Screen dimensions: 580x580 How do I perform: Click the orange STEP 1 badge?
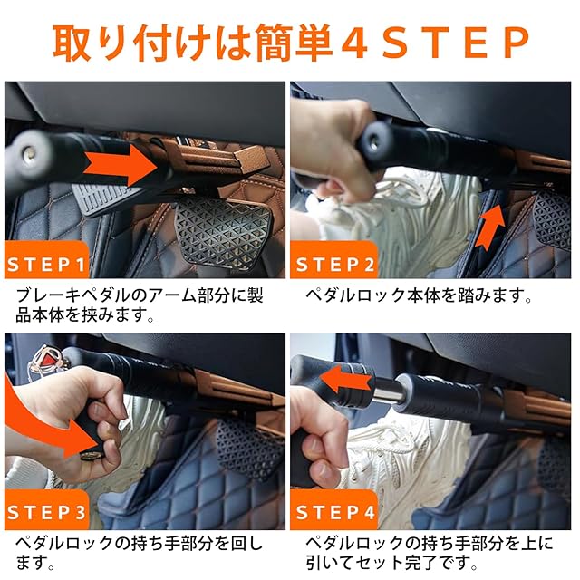point(46,260)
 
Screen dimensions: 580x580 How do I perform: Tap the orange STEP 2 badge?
point(333,260)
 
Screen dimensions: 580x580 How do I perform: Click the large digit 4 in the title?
point(354,43)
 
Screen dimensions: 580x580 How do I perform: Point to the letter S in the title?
point(395,43)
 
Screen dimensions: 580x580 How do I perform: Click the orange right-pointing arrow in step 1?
point(121,165)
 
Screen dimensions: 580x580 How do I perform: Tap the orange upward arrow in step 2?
point(489,227)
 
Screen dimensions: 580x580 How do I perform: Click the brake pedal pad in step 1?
point(222,232)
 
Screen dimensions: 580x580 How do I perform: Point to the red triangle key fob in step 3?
point(47,358)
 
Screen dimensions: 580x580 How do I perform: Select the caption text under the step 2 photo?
point(419,295)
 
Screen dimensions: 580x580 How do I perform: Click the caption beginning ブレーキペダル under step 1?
point(140,304)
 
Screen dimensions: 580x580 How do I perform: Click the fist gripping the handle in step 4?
point(318,433)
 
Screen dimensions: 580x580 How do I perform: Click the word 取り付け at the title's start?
point(132,43)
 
